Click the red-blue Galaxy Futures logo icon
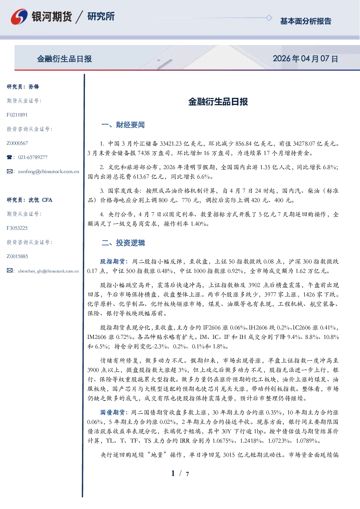point(19,17)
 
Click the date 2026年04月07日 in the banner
point(305,59)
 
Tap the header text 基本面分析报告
point(306,21)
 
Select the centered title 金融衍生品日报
point(218,102)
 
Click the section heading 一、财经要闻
point(123,125)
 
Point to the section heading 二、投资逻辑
point(123,243)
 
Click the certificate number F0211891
point(17,115)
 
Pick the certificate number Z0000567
point(17,143)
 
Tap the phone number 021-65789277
point(33,157)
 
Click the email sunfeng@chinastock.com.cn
point(49,172)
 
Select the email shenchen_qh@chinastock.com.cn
point(48,271)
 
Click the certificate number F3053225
point(17,228)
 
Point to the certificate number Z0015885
point(17,256)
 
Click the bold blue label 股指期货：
point(114,262)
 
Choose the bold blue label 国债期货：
point(114,412)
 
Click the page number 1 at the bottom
point(173,473)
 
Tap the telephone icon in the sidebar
point(9,157)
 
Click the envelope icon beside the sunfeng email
point(9,171)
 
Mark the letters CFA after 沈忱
point(47,200)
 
